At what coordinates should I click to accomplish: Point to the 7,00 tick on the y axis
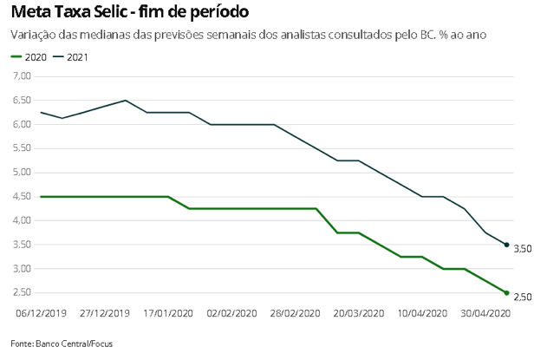pos(23,76)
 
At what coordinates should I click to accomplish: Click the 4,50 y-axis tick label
pos(23,197)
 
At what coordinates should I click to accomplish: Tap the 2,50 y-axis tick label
pos(23,293)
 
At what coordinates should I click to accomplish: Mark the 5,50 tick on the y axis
pos(23,148)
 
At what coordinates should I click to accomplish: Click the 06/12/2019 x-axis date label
pos(41,313)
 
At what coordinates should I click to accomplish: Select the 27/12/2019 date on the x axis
pos(104,313)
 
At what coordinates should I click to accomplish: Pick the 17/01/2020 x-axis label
pos(168,313)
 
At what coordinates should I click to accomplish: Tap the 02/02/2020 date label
pos(231,313)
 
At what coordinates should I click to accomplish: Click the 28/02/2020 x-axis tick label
pos(295,313)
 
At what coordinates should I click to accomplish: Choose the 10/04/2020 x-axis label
pos(422,313)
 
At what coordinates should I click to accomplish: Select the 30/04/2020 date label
pos(485,313)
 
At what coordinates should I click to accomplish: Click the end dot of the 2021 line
pos(506,245)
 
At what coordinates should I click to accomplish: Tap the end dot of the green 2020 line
pos(506,292)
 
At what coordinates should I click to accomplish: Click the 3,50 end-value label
pos(522,249)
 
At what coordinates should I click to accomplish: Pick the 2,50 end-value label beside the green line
pos(522,298)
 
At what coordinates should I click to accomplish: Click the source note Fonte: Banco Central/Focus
pos(62,344)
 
